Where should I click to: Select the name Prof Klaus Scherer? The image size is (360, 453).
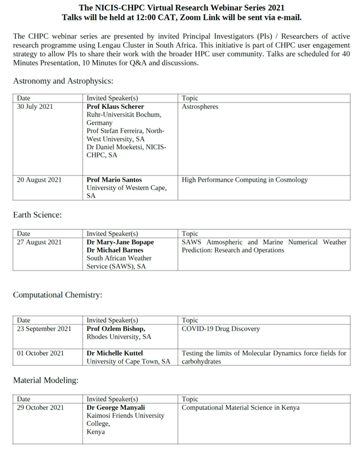click(x=115, y=107)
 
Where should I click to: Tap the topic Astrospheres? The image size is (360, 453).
click(x=200, y=107)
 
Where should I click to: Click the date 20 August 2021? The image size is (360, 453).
click(x=39, y=180)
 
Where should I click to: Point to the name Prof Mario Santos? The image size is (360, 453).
click(x=114, y=180)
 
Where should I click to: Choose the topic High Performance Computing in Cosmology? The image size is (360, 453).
click(x=245, y=180)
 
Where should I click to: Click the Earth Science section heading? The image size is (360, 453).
click(x=37, y=215)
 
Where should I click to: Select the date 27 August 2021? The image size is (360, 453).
click(x=39, y=242)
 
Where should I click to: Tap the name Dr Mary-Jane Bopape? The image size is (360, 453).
click(x=120, y=242)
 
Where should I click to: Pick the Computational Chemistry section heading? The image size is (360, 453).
click(x=58, y=295)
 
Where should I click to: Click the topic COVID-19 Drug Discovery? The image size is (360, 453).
click(x=221, y=329)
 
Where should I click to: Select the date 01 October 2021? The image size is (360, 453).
click(x=40, y=353)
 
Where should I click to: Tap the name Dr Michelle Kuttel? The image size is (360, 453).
click(x=115, y=353)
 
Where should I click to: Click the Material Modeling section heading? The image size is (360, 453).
click(x=46, y=380)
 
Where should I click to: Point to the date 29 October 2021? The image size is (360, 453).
click(x=40, y=408)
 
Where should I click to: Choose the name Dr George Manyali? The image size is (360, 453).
click(x=116, y=408)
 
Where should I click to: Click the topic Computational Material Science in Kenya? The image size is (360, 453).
click(x=241, y=408)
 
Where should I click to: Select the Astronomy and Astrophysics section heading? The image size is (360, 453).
click(x=63, y=81)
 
